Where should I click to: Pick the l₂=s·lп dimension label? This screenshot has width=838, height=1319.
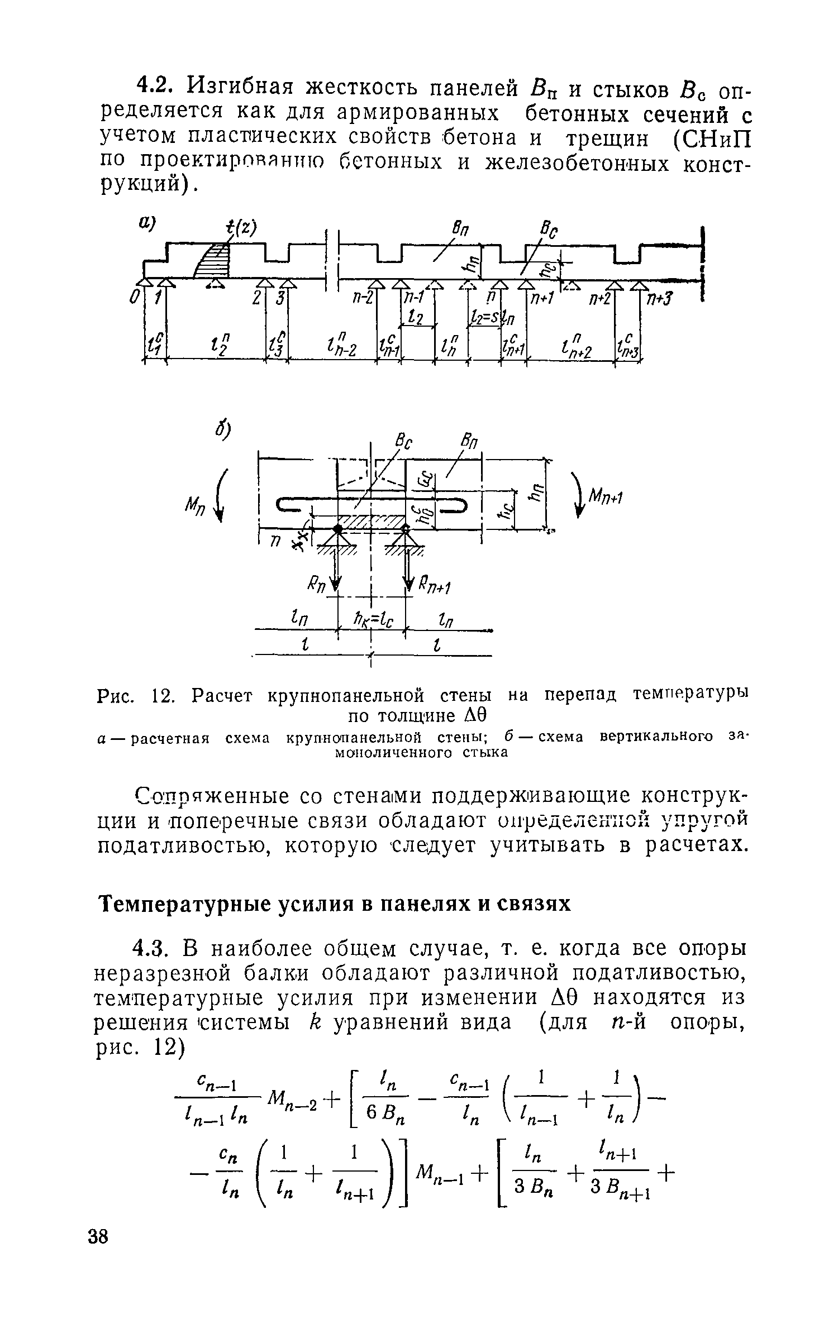[x=492, y=318]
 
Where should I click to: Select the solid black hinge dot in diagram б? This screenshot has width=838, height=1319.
[x=337, y=528]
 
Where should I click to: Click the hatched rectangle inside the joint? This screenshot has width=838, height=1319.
[x=372, y=521]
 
